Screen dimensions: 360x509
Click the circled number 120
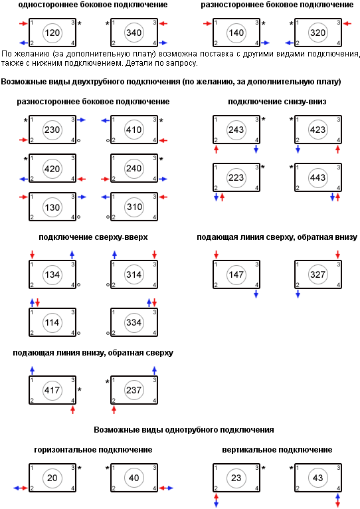coord(52,33)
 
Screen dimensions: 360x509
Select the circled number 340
coord(134,33)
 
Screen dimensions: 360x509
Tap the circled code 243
coord(236,130)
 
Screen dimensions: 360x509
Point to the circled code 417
coord(52,390)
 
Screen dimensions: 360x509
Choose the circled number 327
coord(317,274)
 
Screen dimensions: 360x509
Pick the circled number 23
coord(236,478)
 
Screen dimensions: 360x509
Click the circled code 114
coord(52,322)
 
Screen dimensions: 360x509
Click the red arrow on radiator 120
coord(23,23)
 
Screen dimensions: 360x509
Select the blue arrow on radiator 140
coord(265,43)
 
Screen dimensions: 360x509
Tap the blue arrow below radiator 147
coord(256,294)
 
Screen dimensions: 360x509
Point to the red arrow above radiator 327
coord(337,255)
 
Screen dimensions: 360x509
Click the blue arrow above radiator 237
coord(154,370)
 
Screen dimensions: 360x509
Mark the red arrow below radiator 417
coord(72,409)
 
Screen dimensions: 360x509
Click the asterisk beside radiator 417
coord(80,389)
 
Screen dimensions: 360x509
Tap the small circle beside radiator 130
coord(79,217)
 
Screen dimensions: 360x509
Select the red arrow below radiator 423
coord(337,149)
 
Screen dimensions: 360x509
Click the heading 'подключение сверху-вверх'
coord(93,237)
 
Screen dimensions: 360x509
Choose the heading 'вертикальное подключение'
coord(277,450)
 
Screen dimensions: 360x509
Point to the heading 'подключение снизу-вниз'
coord(277,102)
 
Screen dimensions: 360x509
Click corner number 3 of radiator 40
coord(155,468)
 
